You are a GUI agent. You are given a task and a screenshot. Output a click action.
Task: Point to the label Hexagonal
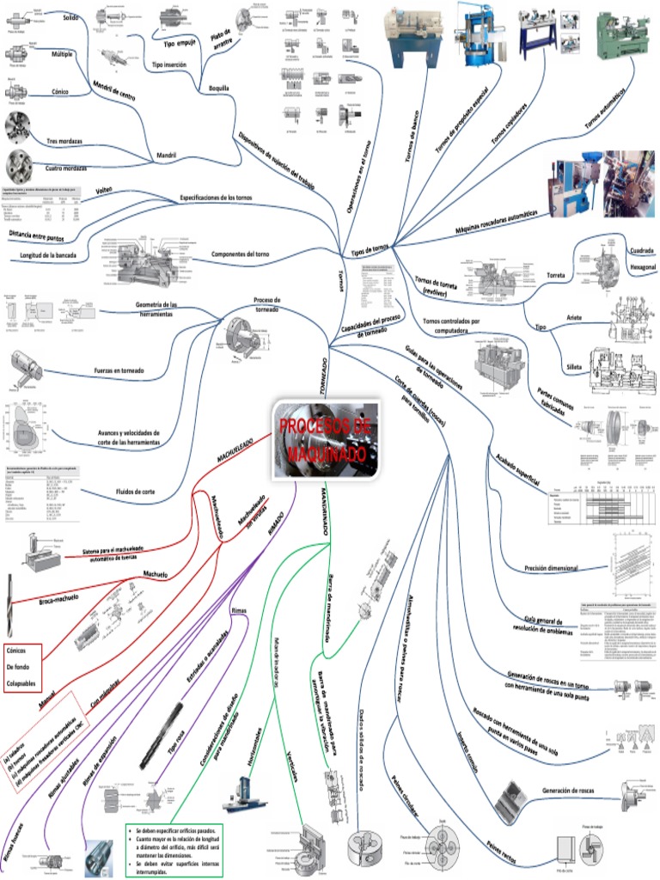[x=643, y=268]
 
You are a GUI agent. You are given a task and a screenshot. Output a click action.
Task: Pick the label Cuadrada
[x=642, y=250]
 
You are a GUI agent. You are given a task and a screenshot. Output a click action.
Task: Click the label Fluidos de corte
[x=135, y=491]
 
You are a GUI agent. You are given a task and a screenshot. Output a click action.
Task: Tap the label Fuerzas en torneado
[x=119, y=370]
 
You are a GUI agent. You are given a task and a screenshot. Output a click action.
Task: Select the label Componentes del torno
[x=240, y=254]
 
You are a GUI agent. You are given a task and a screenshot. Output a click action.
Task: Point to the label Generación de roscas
[x=571, y=791]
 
